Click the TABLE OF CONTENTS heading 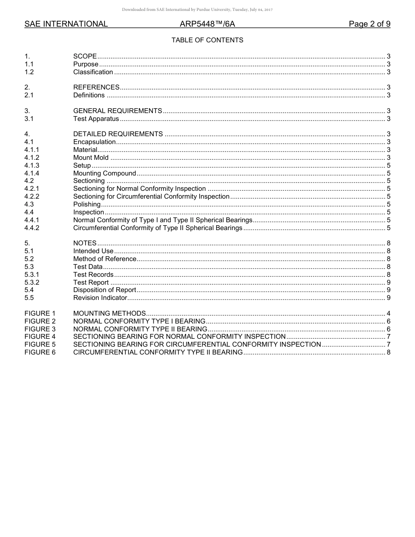(x=207, y=40)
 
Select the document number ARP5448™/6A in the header (x=207, y=24)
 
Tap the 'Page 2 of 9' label (x=369, y=24)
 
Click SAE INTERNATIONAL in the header (x=66, y=24)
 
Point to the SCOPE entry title (x=85, y=56)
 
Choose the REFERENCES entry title (x=96, y=87)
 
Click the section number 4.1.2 (x=32, y=158)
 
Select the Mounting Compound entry (x=104, y=173)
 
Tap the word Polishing (x=87, y=204)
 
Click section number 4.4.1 (x=32, y=220)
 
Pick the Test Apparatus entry (x=96, y=119)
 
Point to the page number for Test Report (x=388, y=282)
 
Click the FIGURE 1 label (x=40, y=313)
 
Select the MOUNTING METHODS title (x=109, y=313)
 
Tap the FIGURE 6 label (x=40, y=352)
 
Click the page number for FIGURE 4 (x=388, y=337)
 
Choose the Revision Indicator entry (x=100, y=298)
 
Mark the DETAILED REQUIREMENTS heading (x=118, y=134)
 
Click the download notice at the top (x=197, y=10)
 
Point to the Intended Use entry (x=93, y=251)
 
